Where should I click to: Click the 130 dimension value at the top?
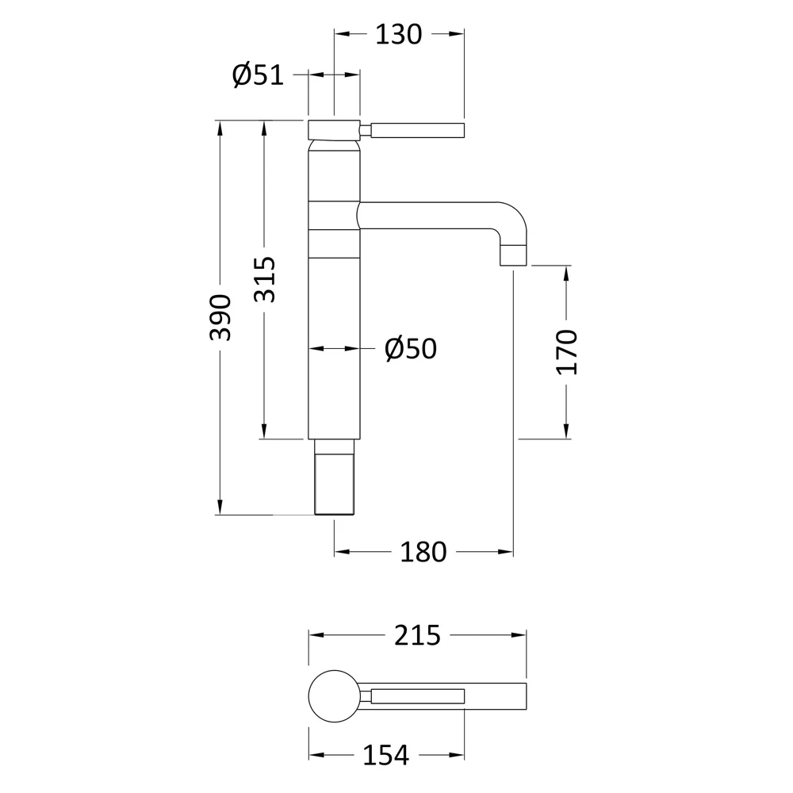pos(399,34)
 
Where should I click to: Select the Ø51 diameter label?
pos(258,75)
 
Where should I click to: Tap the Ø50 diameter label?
pos(411,348)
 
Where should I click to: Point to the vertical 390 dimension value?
pos(221,317)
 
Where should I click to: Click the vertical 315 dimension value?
pos(266,279)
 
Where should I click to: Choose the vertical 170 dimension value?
pos(568,351)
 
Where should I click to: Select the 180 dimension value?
pos(423,552)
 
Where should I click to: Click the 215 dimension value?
pos(417,635)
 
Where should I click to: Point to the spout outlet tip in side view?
pos(514,255)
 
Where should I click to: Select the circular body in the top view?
pos(334,696)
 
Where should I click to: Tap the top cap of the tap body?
pos(334,129)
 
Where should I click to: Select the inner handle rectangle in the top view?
pos(417,697)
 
